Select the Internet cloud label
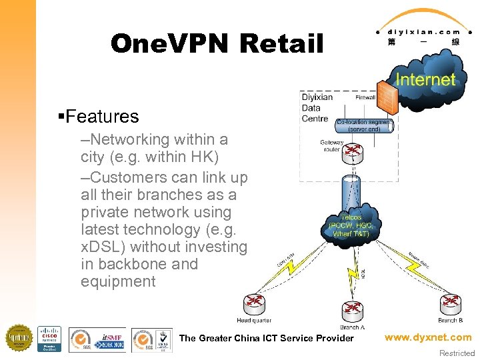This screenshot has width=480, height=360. point(425,79)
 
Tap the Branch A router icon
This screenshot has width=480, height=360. point(351,309)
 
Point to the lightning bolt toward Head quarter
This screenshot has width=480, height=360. point(289,267)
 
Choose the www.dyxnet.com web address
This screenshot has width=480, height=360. point(427,337)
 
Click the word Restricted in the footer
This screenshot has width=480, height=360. point(457,353)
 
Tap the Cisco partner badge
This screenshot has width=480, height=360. point(49,339)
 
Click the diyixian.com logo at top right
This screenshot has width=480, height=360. point(425,30)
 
